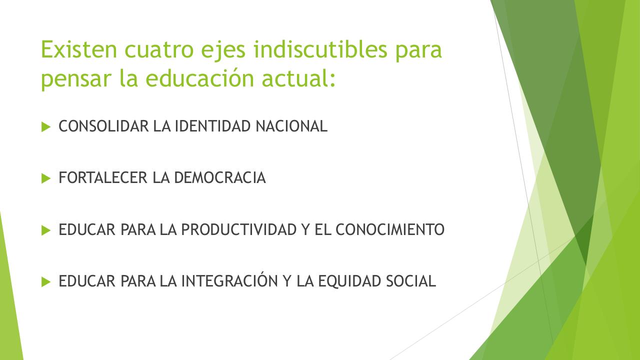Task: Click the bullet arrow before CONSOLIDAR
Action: point(46,127)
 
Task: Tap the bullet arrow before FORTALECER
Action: point(46,178)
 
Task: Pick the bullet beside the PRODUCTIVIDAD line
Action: point(46,230)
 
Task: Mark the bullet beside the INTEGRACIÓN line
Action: point(46,281)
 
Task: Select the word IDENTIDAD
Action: point(213,126)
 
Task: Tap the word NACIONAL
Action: point(291,126)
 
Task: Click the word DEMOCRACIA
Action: point(220,178)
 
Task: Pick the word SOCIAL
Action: point(411,281)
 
